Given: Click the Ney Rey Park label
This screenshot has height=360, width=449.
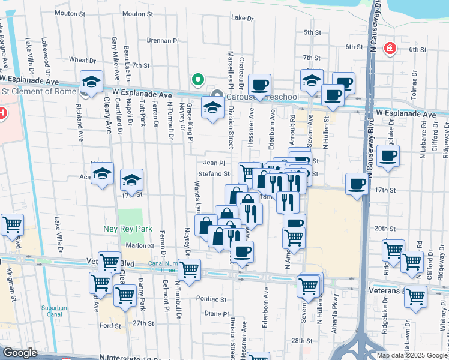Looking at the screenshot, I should point(136,229).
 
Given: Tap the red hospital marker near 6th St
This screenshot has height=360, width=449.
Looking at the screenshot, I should point(390,47).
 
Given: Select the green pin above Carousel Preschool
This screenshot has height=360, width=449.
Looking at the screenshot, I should point(196,79).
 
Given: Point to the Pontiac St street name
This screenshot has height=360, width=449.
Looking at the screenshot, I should point(211,298).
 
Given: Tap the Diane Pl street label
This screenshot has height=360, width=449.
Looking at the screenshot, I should point(216,313).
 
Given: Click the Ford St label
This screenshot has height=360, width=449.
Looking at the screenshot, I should point(110,326).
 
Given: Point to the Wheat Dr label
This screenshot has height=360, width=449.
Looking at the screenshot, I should point(82,60).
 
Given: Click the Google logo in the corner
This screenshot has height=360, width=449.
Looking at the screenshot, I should point(19,353).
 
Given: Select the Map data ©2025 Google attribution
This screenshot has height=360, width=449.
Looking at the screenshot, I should point(412,355).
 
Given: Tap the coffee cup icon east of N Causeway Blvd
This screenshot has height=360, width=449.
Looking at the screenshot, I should point(388,157).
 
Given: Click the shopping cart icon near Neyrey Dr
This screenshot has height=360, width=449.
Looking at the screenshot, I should point(190,271).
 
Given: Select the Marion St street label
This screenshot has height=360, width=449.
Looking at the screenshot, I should point(140,245).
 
